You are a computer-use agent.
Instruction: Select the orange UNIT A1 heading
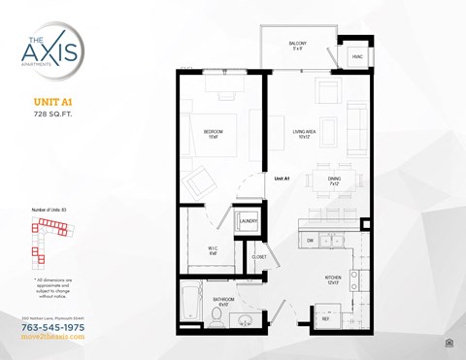click(53, 101)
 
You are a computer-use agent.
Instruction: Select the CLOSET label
click(259, 258)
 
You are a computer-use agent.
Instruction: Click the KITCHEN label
click(333, 279)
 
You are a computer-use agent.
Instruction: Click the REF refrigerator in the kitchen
click(327, 317)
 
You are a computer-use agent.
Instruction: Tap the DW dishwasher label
click(310, 239)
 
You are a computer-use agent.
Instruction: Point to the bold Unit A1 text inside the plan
click(283, 178)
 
